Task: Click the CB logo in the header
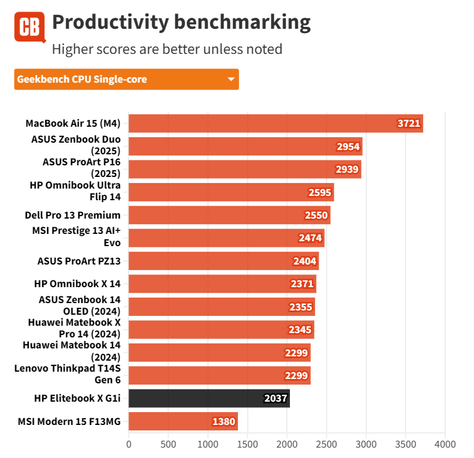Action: coord(29,27)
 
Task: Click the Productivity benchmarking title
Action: coord(181,23)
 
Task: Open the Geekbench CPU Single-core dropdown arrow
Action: coord(231,79)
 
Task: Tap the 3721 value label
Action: coord(409,123)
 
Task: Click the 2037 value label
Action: coord(275,399)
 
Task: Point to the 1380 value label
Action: coord(223,421)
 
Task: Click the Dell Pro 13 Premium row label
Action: coord(73,215)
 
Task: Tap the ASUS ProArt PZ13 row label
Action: coord(79,261)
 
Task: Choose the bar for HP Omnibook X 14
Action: coord(220,283)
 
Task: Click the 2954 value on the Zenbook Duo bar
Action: coord(348,146)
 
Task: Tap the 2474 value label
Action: coord(310,238)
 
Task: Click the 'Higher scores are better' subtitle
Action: coord(167,49)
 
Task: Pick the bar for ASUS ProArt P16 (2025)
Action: coord(245,169)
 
